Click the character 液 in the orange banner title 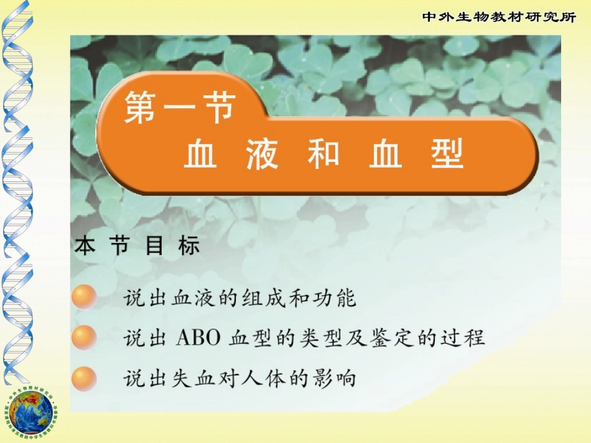pyautogui.click(x=261, y=155)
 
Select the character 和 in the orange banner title pyautogui.click(x=323, y=155)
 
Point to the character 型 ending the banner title pyautogui.click(x=447, y=155)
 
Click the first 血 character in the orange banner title pyautogui.click(x=200, y=155)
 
